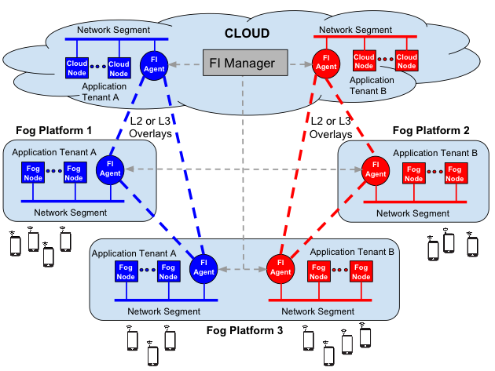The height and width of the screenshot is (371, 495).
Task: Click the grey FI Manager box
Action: click(241, 63)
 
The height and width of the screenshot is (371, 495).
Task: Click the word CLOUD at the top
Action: click(247, 34)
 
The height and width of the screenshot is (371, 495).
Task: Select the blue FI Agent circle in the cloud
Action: click(153, 64)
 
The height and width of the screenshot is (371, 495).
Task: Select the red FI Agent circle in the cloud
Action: click(325, 63)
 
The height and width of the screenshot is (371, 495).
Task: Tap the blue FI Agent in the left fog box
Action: click(110, 168)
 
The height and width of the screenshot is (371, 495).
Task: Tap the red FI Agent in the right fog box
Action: click(375, 169)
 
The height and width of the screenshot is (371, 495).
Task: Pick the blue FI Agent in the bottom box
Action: click(203, 267)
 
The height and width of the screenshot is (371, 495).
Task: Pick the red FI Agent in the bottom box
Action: click(280, 267)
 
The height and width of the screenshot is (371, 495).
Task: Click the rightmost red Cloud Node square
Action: click(406, 60)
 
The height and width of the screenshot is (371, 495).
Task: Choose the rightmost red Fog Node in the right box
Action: click(454, 173)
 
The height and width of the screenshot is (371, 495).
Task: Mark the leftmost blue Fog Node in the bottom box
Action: click(126, 271)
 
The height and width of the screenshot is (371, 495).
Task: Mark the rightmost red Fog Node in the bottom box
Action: click(361, 271)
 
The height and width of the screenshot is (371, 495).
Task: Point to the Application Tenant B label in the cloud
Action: click(372, 85)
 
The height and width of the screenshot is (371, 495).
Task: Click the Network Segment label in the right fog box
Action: click(412, 213)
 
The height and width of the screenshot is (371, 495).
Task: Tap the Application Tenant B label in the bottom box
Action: click(352, 252)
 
